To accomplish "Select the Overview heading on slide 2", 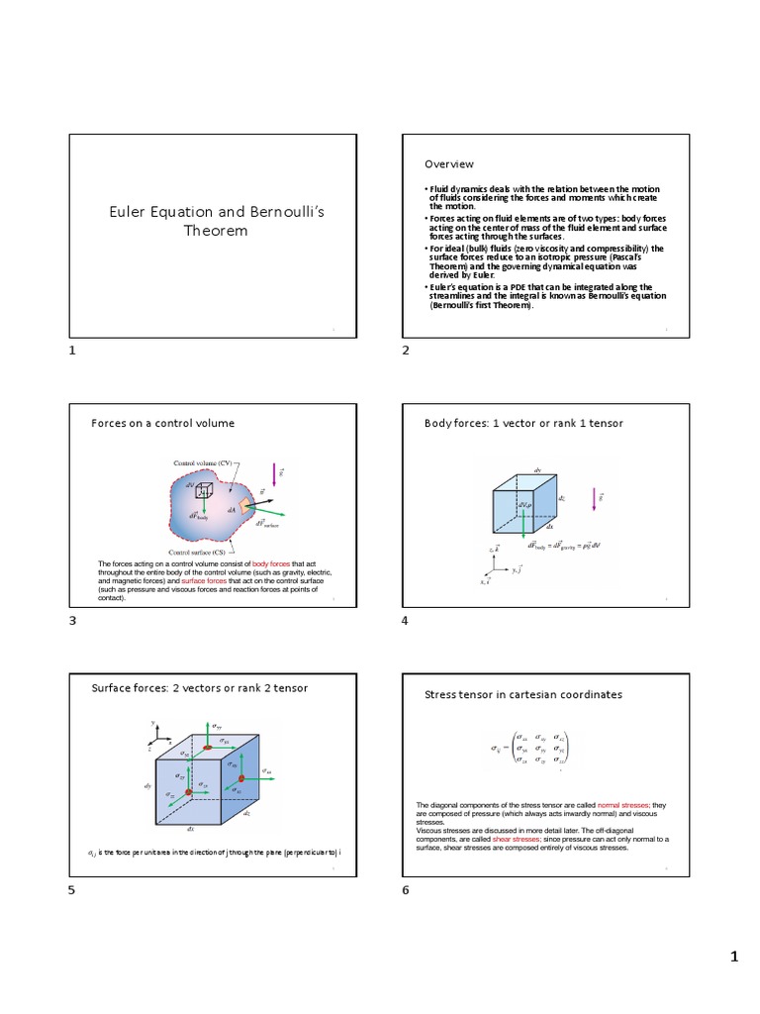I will pyautogui.click(x=449, y=164).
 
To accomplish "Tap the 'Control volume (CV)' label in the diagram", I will pyautogui.click(x=205, y=462).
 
